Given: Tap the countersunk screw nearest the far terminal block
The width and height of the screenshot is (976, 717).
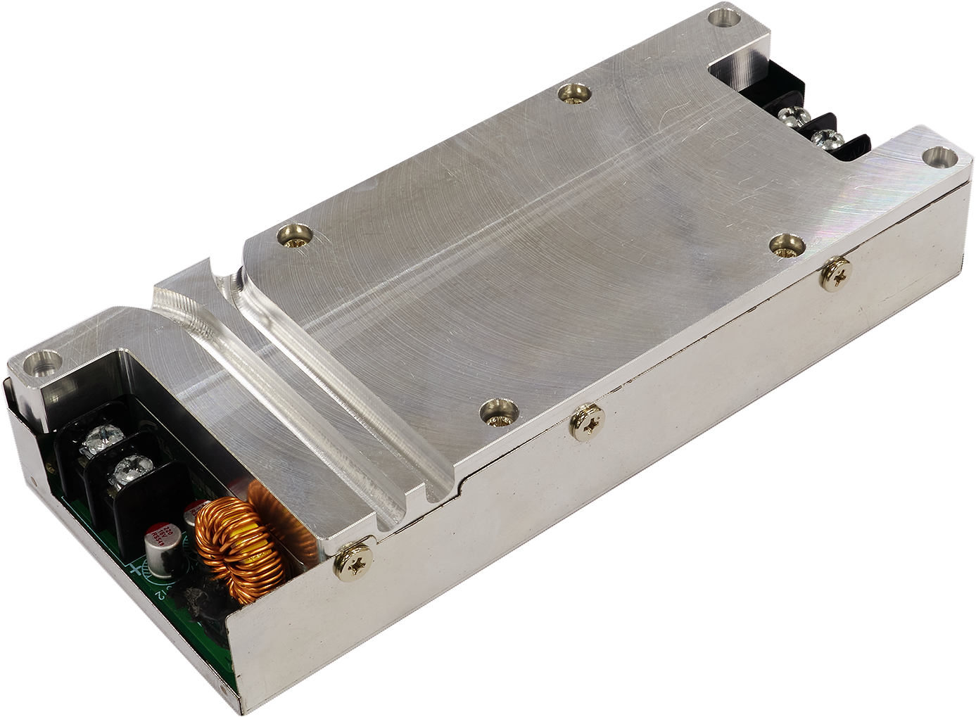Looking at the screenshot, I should click(573, 93).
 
